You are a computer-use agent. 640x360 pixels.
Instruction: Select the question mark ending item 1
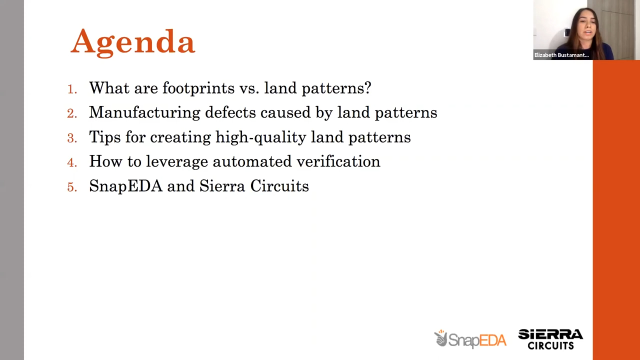coord(368,88)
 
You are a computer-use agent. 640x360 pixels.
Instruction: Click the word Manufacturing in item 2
coord(144,113)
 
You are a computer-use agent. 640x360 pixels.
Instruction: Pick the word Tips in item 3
coord(105,137)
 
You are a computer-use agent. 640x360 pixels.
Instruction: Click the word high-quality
coord(260,137)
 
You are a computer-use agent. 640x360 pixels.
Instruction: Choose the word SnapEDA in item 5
coord(125,186)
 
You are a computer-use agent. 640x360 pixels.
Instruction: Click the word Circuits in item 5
coord(279,186)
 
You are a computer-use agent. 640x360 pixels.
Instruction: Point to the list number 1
coord(72,89)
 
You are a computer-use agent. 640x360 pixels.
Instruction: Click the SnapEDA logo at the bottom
coord(470,339)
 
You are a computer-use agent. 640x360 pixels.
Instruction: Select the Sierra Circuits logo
coord(550,339)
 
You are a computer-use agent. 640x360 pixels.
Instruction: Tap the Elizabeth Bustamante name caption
coord(561,55)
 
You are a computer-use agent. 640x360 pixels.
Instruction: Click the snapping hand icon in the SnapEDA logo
coord(441,338)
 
